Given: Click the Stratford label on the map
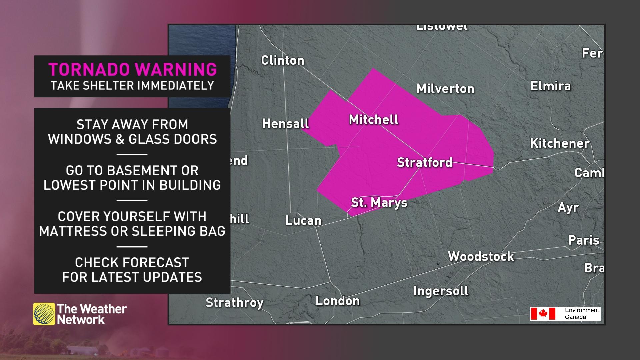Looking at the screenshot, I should point(424,162).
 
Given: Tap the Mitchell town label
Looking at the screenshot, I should point(373,119).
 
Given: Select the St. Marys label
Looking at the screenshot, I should point(379,202).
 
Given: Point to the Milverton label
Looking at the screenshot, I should point(445,89).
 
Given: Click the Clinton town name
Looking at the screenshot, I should point(282,60).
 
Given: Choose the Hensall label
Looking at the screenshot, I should point(285,124).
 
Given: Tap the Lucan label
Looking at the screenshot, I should point(303,220).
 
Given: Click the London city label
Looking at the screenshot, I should point(337,301).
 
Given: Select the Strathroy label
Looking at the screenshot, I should point(234,303).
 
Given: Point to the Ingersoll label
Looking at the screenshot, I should point(441,291).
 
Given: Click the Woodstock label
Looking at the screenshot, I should point(481,256).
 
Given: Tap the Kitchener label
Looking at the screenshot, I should point(560,143).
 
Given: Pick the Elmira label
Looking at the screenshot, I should point(550,86).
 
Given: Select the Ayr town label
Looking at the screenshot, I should point(568,208).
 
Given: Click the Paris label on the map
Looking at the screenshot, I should point(583,240).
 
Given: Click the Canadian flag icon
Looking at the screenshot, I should point(543,314).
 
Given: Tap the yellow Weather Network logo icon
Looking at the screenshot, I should point(44,314).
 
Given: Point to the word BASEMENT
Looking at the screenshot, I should point(132,171).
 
